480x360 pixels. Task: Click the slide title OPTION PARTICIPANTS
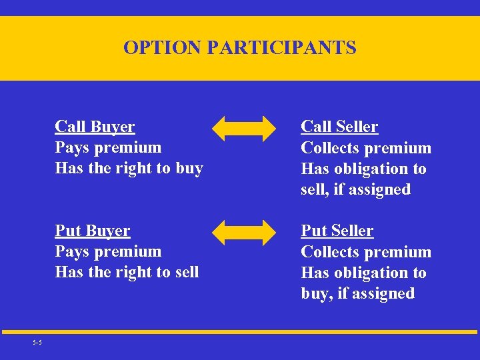[x=239, y=48]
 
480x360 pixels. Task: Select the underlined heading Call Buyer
[x=95, y=127]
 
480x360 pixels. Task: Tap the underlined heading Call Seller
[x=339, y=127]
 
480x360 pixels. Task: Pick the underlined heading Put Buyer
[x=93, y=231]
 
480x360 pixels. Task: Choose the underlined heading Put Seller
[x=337, y=231]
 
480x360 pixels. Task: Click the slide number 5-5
[x=37, y=343]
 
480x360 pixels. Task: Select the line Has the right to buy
[x=129, y=168]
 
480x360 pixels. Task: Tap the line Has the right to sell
[x=127, y=272]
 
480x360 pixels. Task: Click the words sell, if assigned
[x=355, y=189]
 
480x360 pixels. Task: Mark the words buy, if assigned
[x=357, y=293]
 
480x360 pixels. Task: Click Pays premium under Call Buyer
[x=108, y=147]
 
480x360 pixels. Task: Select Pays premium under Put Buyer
[x=108, y=251]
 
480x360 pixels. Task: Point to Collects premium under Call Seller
[x=366, y=148]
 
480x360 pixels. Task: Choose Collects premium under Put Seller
[x=366, y=252]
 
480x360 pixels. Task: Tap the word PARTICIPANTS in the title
[x=282, y=48]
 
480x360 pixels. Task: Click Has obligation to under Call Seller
[x=363, y=169]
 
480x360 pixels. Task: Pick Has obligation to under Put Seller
[x=363, y=273]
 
